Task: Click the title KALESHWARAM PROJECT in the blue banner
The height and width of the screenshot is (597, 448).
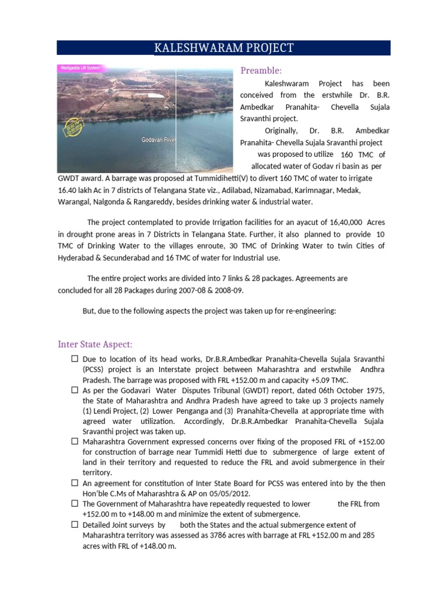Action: click(x=223, y=48)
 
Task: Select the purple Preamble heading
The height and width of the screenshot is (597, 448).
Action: click(x=261, y=71)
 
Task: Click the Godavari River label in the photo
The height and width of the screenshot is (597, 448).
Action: click(x=157, y=140)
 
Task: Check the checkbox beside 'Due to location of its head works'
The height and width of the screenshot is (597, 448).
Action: click(x=75, y=359)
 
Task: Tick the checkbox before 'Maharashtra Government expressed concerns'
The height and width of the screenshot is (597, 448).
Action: click(x=75, y=442)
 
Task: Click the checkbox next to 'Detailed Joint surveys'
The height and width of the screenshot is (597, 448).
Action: click(x=75, y=525)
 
